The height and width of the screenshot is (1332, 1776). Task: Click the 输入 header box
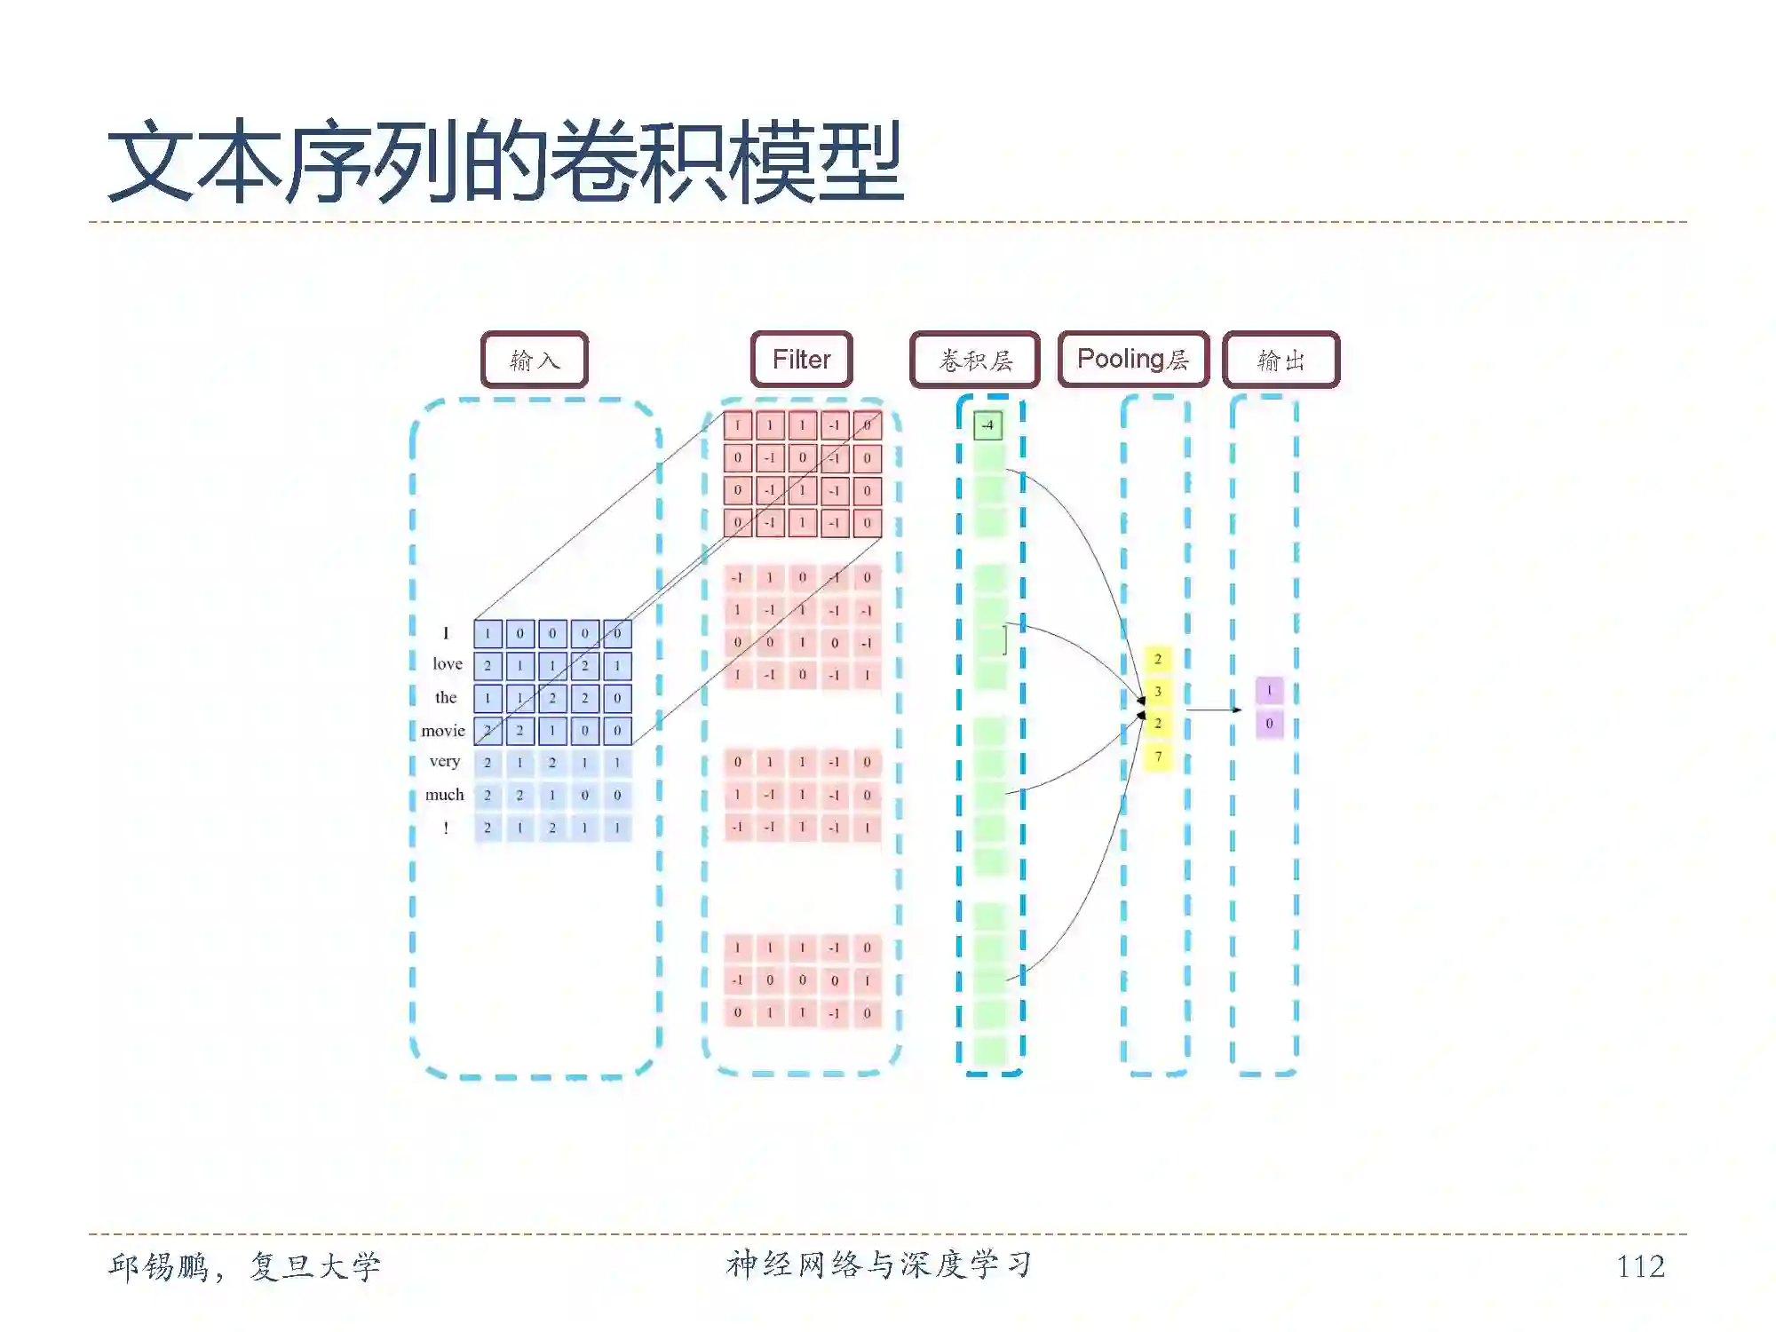point(535,360)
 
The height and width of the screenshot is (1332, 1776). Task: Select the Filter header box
point(801,360)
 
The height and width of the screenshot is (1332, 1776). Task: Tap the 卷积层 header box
point(975,360)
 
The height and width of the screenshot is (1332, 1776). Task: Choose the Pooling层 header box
point(1133,360)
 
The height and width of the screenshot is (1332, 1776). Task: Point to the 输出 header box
point(1280,360)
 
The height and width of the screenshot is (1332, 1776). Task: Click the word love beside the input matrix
point(448,664)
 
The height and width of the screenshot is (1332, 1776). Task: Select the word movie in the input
point(443,731)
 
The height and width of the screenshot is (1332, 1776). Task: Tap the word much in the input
point(444,795)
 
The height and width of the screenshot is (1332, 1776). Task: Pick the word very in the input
point(445,762)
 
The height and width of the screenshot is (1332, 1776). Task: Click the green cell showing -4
point(987,425)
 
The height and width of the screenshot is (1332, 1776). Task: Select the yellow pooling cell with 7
point(1158,757)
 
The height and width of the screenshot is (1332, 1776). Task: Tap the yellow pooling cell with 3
point(1158,692)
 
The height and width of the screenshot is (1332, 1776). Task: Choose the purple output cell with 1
point(1269,691)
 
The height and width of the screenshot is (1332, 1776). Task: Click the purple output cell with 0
point(1269,724)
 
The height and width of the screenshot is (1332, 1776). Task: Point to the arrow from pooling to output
point(1212,710)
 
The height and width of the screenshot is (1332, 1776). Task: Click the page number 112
point(1640,1266)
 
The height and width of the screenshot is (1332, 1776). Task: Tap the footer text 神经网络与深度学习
point(879,1265)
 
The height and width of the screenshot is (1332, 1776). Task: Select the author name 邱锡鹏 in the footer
point(160,1266)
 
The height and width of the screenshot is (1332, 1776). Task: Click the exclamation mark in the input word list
point(446,828)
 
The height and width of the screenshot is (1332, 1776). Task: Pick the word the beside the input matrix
point(446,698)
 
